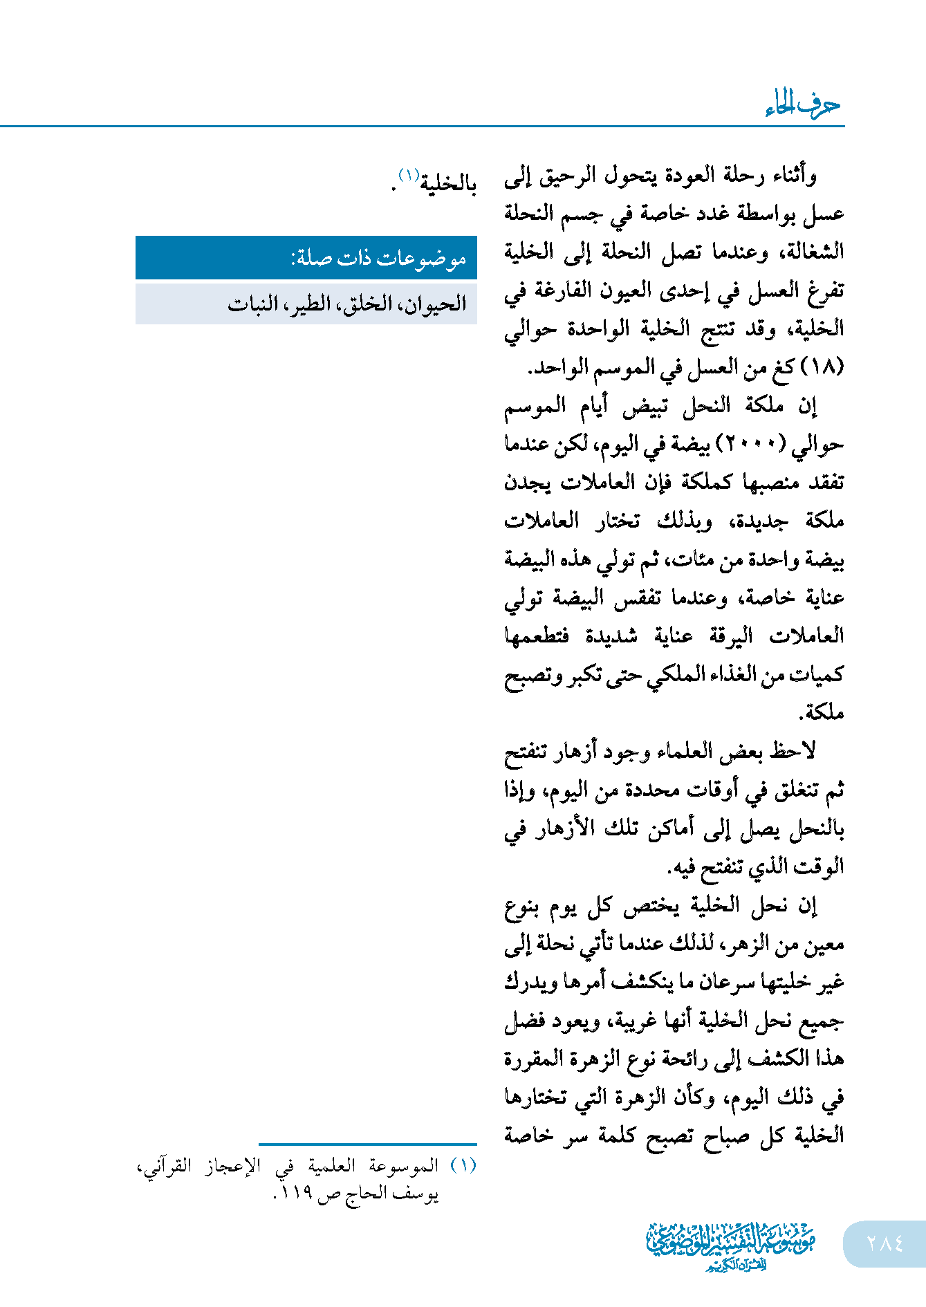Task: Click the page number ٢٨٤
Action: (x=885, y=1243)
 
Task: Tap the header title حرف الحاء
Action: (x=803, y=104)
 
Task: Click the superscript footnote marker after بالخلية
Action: (x=408, y=176)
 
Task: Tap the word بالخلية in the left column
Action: (x=448, y=184)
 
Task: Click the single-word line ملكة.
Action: (x=822, y=712)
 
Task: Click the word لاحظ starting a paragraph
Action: (x=795, y=751)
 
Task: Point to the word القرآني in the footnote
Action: (x=167, y=1166)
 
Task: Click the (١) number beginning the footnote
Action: (x=463, y=1166)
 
